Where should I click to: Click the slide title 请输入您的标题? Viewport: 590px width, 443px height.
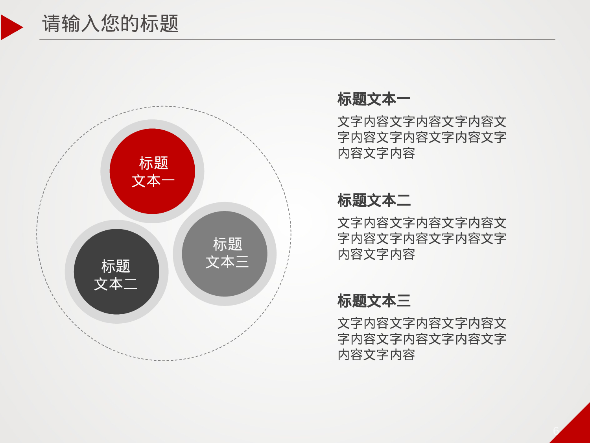(110, 24)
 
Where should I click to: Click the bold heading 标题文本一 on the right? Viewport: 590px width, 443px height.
(374, 99)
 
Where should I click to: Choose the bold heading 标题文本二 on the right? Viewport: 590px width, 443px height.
(374, 200)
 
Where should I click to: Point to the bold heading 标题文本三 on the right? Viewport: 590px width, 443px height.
(374, 301)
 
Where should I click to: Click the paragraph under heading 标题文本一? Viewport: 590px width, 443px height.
(421, 137)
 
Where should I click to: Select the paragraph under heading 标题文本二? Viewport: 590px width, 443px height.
(421, 239)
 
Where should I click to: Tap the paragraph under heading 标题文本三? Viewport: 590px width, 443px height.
(421, 339)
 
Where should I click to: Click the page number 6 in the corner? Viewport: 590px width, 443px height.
(556, 431)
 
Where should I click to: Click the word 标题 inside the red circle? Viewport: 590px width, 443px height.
(153, 163)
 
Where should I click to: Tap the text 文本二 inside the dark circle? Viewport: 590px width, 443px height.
(116, 284)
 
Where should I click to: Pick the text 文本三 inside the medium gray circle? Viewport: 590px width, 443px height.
(227, 262)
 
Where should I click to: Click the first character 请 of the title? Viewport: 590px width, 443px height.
(52, 24)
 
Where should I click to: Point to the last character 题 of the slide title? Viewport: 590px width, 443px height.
(169, 24)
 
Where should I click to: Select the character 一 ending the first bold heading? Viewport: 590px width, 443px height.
(404, 99)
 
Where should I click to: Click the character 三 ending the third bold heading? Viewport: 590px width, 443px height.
(404, 301)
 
